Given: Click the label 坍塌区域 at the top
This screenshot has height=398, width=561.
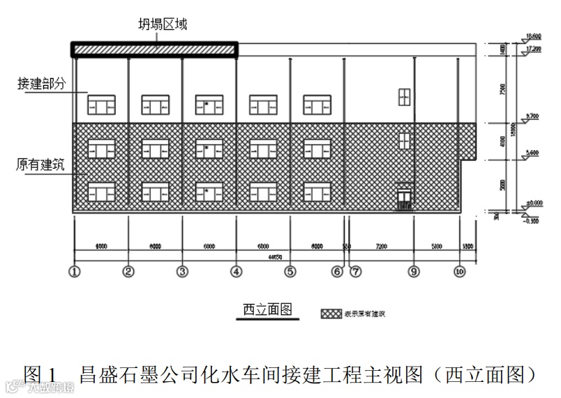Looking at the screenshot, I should click(x=162, y=24).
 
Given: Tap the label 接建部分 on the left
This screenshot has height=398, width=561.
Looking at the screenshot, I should click(x=41, y=84).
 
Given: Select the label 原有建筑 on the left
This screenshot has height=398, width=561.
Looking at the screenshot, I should click(x=41, y=165).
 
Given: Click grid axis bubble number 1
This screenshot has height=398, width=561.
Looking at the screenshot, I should click(x=75, y=271).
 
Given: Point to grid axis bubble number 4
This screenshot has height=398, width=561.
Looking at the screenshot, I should click(x=237, y=271).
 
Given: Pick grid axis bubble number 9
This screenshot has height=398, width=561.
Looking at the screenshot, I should click(x=414, y=271).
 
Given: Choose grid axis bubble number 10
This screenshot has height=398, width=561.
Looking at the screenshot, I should click(x=459, y=271).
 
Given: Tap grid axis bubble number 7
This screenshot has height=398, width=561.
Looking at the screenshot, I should click(x=356, y=271).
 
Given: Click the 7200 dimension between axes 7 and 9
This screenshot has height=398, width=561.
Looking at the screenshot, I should click(x=381, y=246).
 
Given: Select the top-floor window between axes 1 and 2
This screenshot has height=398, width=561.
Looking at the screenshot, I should click(x=100, y=105).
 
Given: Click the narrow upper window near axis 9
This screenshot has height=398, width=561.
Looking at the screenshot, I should click(x=403, y=97).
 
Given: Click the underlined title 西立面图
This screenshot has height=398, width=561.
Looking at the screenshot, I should click(x=267, y=309).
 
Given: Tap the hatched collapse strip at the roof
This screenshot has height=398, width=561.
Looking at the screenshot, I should click(x=155, y=49).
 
